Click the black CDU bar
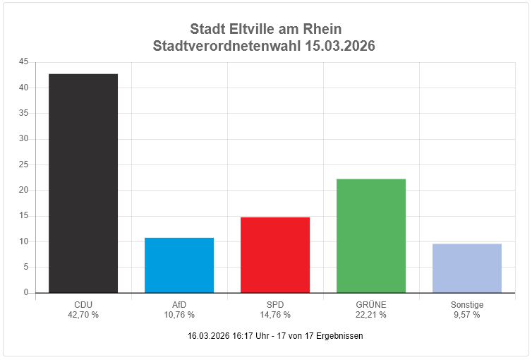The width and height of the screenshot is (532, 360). click(83, 183)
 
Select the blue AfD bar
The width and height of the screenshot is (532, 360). click(179, 265)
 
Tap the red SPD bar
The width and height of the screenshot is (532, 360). click(275, 255)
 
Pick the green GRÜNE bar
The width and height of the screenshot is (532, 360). click(371, 236)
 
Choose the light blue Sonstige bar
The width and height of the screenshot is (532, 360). click(467, 268)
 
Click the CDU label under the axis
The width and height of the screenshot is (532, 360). click(83, 305)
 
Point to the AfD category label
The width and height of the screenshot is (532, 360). click(179, 305)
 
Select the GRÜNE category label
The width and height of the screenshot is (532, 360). click(371, 305)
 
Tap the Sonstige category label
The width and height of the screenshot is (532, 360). click(467, 305)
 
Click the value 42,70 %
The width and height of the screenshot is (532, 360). click(83, 315)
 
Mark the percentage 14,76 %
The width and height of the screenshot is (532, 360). click(275, 315)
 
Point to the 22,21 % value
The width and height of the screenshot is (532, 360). click(371, 315)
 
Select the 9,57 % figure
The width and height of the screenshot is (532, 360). click(467, 315)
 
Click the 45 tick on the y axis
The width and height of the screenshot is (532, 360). click(24, 62)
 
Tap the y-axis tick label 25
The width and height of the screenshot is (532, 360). click(24, 164)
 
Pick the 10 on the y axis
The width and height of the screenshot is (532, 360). click(24, 241)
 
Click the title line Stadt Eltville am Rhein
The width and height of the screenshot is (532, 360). click(266, 29)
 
